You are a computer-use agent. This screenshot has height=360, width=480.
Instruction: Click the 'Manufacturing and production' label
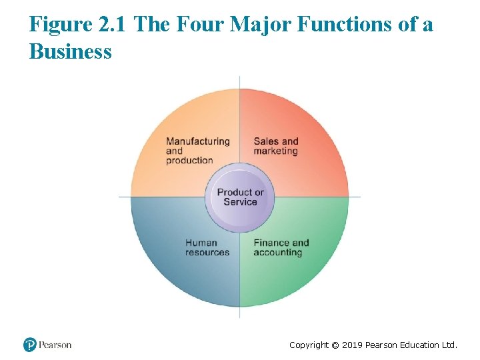pos(197,151)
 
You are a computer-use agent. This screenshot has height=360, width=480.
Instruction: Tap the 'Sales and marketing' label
pos(275,146)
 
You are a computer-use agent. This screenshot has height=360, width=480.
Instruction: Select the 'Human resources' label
pos(207,247)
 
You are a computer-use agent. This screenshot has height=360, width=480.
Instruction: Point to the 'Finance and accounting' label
pos(281,247)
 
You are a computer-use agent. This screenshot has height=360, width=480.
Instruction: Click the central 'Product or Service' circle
pos(240,197)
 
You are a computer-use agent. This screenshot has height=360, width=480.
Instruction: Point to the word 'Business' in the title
pos(70,51)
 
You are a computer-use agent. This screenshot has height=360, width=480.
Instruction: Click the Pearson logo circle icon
pos(29,345)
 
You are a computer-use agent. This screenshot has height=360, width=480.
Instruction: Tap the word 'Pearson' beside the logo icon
pos(55,345)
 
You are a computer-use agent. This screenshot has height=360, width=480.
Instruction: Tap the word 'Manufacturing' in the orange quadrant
pos(197,141)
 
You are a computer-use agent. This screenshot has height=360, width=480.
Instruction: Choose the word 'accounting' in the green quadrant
pos(277,253)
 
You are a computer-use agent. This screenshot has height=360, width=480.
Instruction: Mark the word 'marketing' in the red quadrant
pos(275,151)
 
